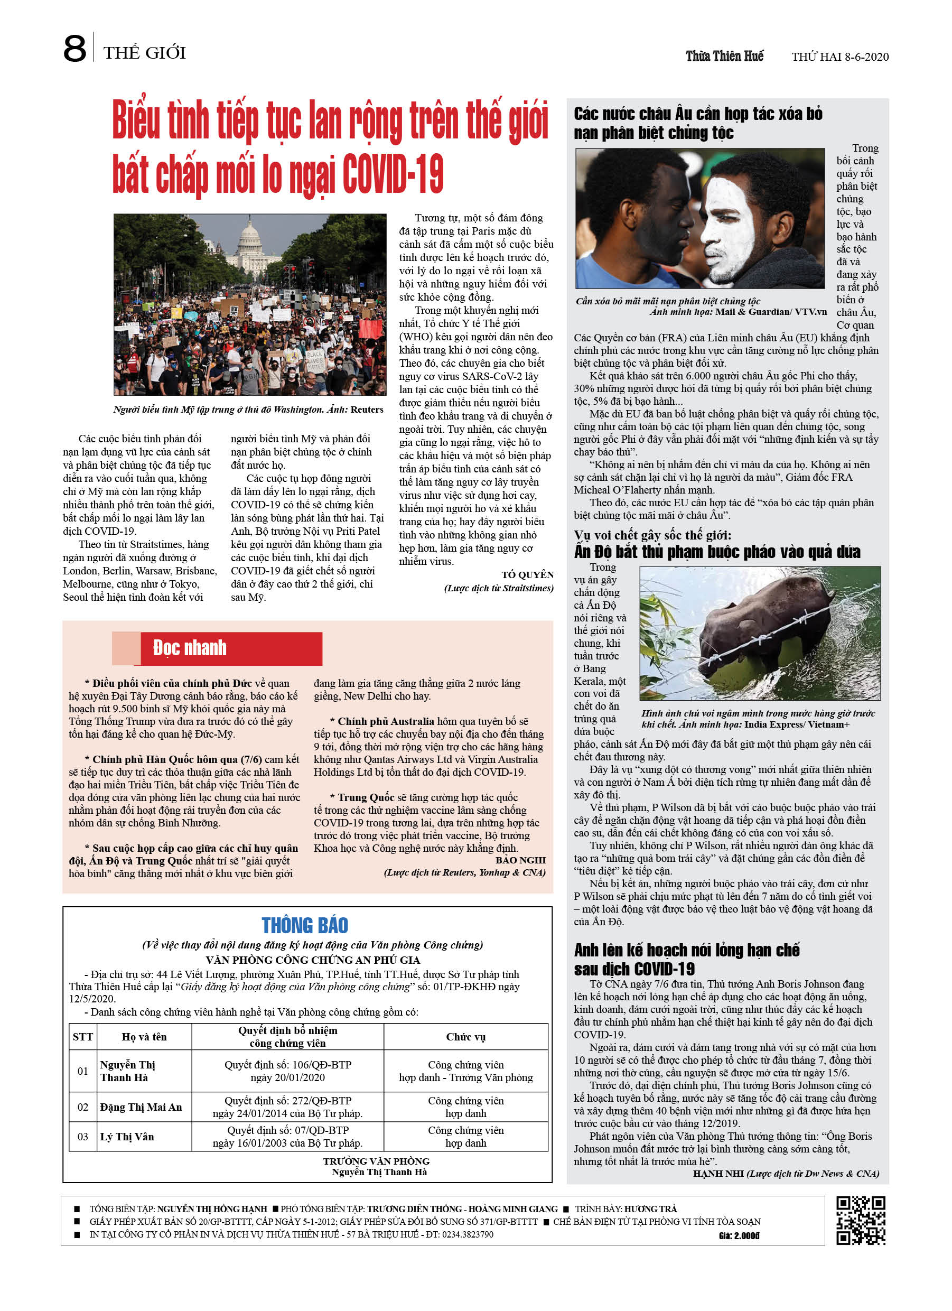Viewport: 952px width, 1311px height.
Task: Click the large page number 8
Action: [x=74, y=49]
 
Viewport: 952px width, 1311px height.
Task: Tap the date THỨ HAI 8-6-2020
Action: [x=839, y=57]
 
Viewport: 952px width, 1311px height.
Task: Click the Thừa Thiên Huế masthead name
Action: [x=724, y=56]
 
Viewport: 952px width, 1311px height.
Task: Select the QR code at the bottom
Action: [x=860, y=1220]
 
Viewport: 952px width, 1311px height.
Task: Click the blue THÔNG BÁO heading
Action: [x=305, y=925]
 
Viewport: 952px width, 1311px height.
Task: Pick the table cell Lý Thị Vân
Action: [x=127, y=1137]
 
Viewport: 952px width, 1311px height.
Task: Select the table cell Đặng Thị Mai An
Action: [x=141, y=1107]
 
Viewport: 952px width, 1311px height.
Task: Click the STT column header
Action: [x=82, y=1036]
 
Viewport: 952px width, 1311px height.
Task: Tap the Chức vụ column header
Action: [x=465, y=1036]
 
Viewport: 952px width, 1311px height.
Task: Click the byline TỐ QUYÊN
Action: [x=527, y=574]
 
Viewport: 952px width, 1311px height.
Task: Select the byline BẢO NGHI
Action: [x=520, y=860]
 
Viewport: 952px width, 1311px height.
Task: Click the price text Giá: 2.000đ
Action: [x=739, y=1236]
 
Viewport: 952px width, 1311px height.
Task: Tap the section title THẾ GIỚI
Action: [x=145, y=53]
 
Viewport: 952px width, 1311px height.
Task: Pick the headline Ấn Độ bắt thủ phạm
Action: [x=717, y=552]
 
